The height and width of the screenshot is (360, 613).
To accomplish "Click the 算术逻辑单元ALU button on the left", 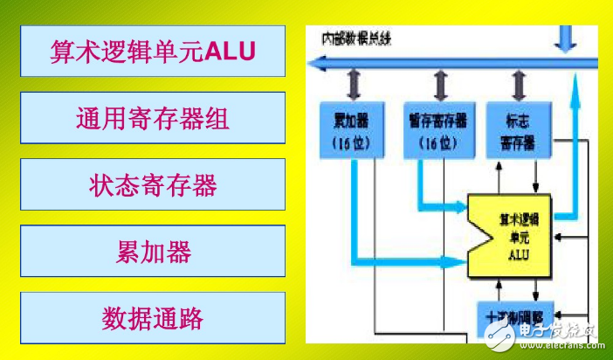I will click(x=153, y=51).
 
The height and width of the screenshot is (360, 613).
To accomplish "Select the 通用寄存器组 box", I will click(x=153, y=117).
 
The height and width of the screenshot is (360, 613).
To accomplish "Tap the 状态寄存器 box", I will click(x=153, y=184).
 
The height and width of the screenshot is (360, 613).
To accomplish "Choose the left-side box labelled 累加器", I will click(x=153, y=251).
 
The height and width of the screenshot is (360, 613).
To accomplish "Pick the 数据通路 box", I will click(x=153, y=317).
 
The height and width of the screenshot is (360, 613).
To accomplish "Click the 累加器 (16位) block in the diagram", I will click(x=354, y=130).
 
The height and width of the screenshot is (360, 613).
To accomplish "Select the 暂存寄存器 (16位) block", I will click(x=437, y=130).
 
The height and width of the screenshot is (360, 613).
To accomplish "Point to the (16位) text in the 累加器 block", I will click(x=354, y=141).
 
